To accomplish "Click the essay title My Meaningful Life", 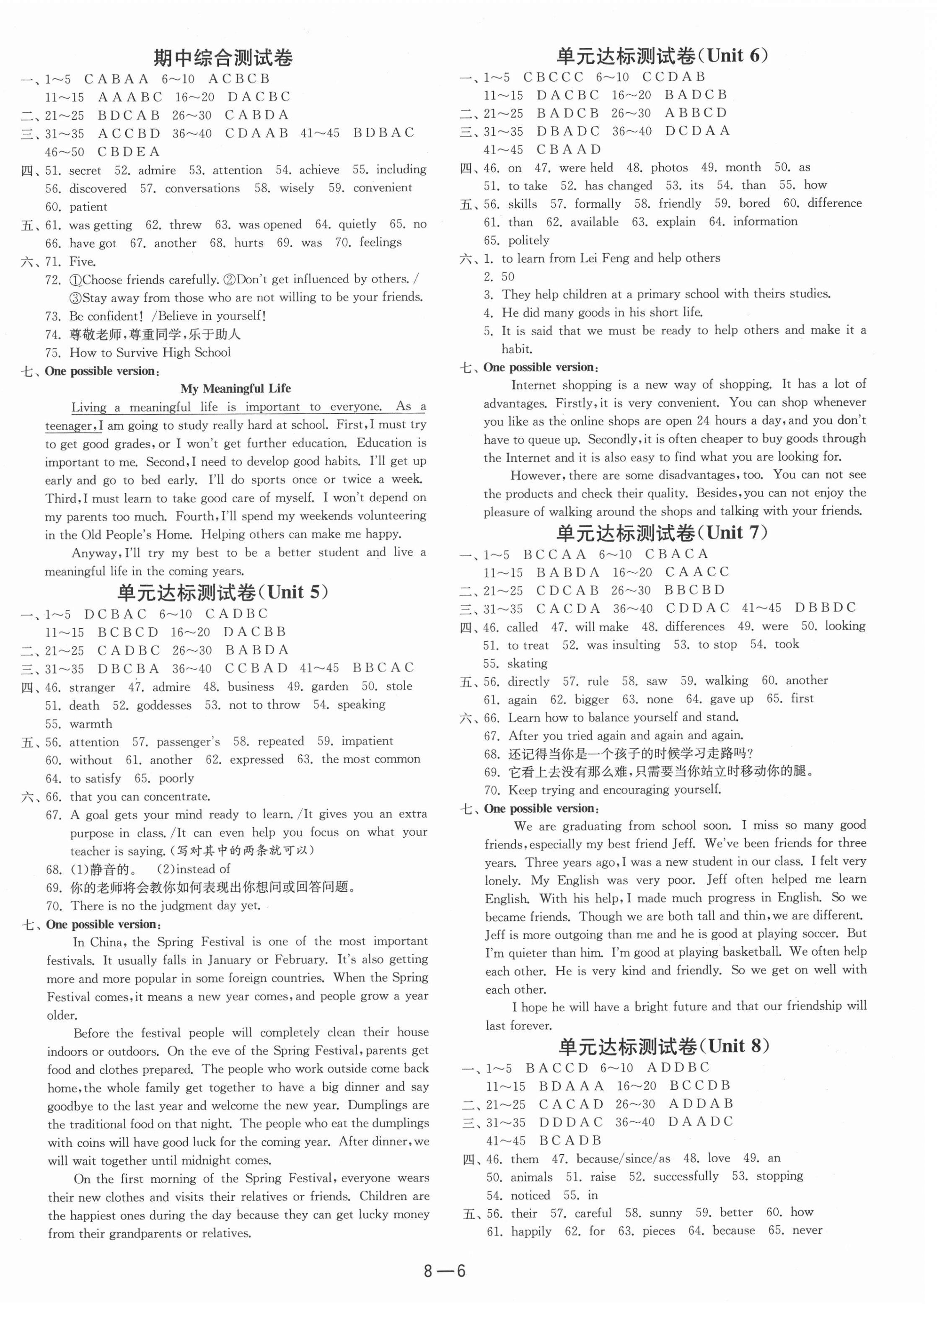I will click(236, 389).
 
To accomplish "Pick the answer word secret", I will click(85, 170).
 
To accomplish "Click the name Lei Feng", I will click(605, 258).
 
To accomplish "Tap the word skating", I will click(527, 663).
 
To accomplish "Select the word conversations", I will click(202, 189).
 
